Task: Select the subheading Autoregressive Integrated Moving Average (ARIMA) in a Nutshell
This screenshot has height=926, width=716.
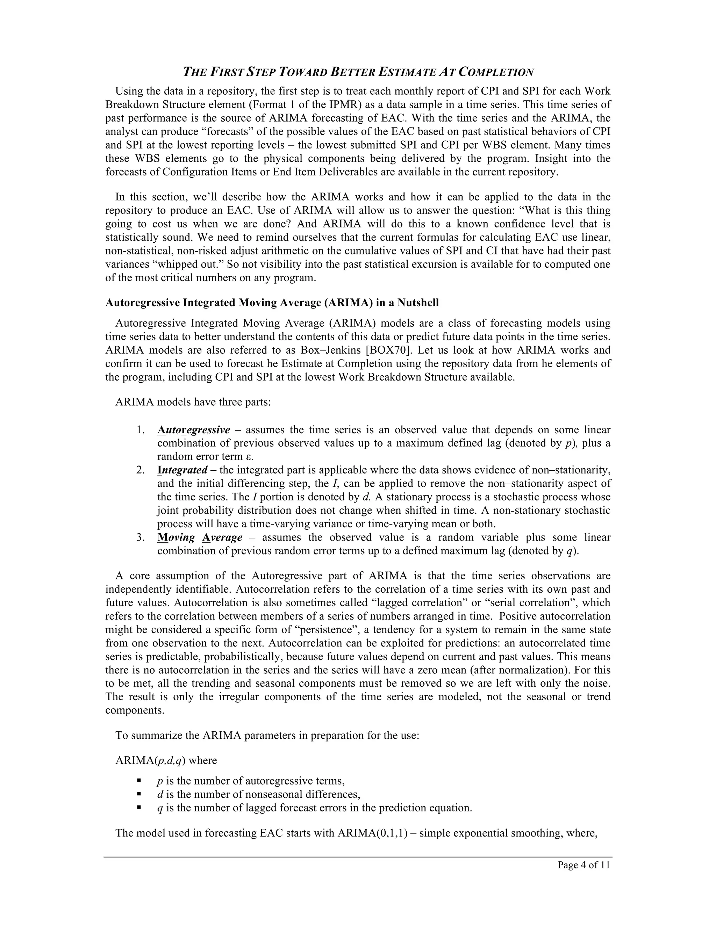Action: [x=272, y=303]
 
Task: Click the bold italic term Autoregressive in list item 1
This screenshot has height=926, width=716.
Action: [x=193, y=430]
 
